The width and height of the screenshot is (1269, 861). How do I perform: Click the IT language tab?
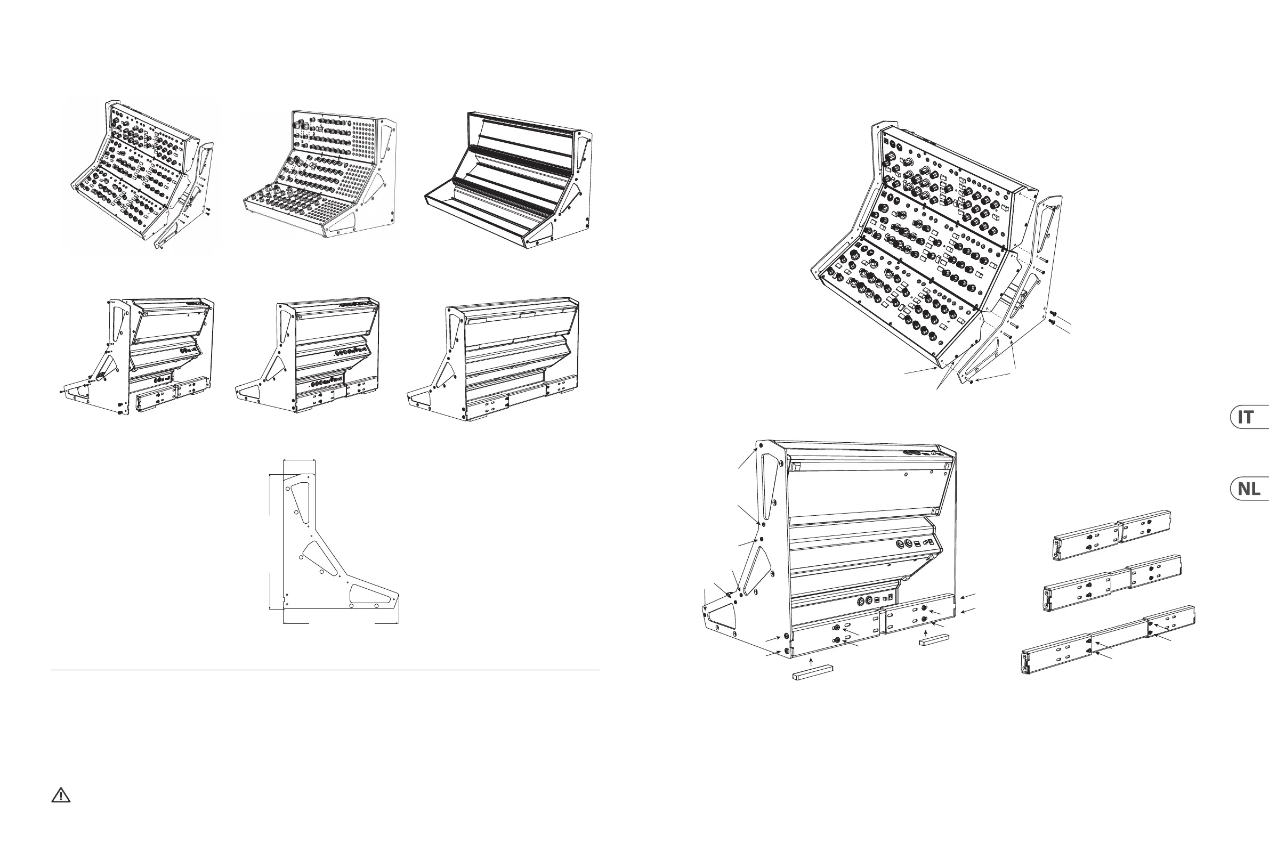point(1247,418)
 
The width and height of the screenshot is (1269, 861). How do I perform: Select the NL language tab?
point(1248,489)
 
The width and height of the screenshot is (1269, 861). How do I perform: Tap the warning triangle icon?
point(61,795)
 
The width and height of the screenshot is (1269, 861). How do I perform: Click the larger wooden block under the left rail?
point(812,675)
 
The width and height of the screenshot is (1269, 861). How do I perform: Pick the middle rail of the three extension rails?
point(1112,582)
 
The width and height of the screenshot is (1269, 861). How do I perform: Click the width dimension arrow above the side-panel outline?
point(298,460)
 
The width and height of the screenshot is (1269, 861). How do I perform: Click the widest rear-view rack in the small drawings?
point(494,358)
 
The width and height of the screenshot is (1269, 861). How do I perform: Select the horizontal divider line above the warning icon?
point(326,670)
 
